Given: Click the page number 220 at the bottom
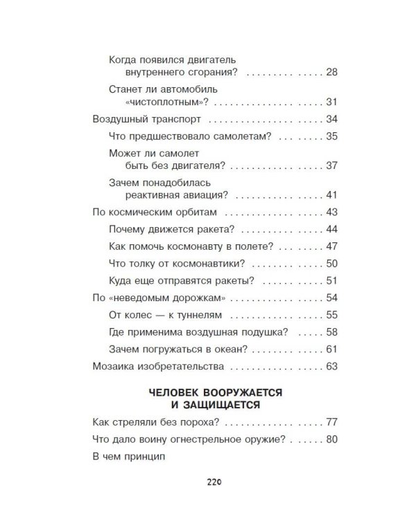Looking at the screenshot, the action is pyautogui.click(x=213, y=483).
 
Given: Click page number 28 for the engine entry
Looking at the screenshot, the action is pyautogui.click(x=331, y=72).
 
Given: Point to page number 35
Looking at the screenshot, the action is pyautogui.click(x=331, y=136).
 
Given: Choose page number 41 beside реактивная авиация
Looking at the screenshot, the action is pyautogui.click(x=331, y=195).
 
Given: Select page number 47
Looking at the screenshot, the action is pyautogui.click(x=331, y=246).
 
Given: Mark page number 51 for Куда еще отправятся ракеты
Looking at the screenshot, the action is pyautogui.click(x=331, y=280).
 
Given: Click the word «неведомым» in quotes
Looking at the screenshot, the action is pyautogui.click(x=140, y=298).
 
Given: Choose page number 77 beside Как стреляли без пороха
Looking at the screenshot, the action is pyautogui.click(x=331, y=421).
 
